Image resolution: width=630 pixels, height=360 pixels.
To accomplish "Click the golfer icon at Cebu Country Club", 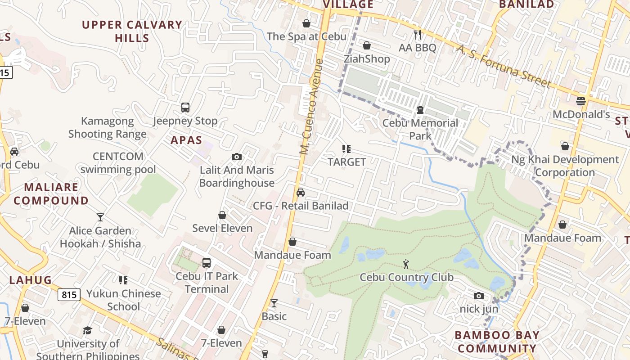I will [406, 264].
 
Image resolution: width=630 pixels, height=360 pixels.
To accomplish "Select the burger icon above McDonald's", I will [581, 101].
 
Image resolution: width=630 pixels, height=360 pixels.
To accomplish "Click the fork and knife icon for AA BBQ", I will [418, 34].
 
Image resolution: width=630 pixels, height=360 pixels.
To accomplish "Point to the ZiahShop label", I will [367, 59].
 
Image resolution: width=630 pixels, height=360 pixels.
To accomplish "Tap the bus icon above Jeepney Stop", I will [185, 108].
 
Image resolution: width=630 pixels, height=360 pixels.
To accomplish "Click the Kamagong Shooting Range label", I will [108, 127].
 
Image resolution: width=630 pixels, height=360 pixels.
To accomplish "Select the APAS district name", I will [186, 140].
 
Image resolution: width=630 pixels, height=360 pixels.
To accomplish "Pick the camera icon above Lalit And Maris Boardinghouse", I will [237, 157].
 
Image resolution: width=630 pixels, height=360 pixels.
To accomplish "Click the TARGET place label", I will [346, 162].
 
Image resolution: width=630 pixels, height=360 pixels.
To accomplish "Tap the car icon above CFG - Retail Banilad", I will [301, 193].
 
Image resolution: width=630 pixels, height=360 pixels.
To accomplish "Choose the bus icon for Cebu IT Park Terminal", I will [207, 263].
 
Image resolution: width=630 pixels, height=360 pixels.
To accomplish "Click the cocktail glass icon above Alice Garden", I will [100, 217].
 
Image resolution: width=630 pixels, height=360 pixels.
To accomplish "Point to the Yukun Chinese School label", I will [123, 300].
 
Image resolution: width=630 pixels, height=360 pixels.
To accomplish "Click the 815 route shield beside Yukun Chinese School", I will [69, 295].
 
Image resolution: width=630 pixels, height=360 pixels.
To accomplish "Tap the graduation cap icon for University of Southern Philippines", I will [88, 331].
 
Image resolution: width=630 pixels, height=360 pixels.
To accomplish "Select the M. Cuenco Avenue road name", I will [312, 107].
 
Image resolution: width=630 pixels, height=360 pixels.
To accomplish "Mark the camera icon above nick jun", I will [479, 296].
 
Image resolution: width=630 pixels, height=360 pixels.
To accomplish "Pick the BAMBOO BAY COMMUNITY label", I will [497, 342].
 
